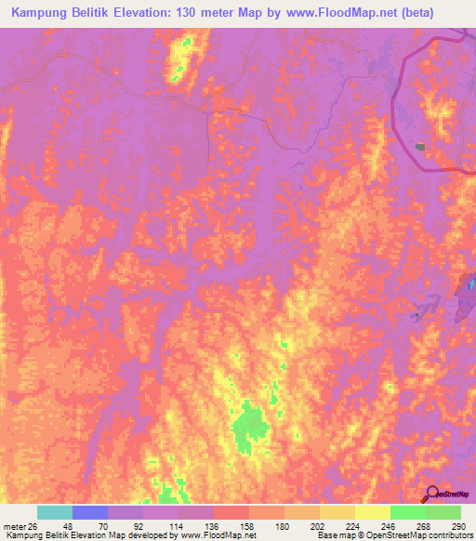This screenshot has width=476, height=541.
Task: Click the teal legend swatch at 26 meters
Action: coord(55,512)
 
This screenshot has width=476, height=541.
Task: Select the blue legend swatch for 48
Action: coord(90,512)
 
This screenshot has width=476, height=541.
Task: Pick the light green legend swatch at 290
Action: coord(443,512)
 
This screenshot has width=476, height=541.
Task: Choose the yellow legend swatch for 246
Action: coord(373,512)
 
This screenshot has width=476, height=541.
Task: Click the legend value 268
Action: coord(407,525)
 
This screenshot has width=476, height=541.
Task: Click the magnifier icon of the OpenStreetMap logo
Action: coord(430,494)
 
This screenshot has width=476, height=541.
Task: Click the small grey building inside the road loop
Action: coord(421,146)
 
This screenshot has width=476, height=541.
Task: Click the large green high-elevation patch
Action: coord(247,429)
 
